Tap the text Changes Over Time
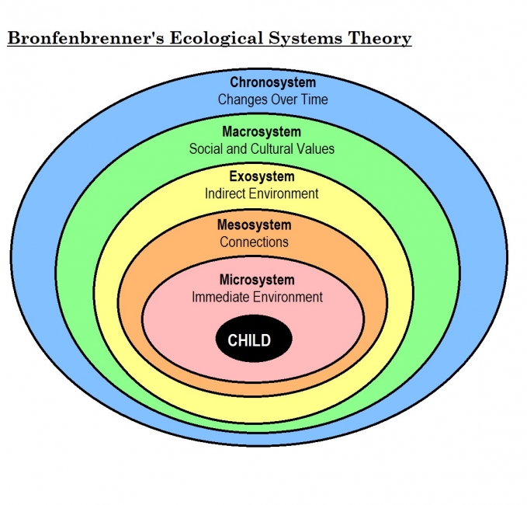coord(272,99)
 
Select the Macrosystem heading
coord(262,131)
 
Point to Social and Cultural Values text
coord(262,148)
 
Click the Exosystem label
coord(262,177)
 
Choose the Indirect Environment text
coord(262,193)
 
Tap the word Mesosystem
coord(254,225)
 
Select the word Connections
coord(254,242)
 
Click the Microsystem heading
coord(257,280)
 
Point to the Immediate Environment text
coord(257,297)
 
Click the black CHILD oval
coord(253,340)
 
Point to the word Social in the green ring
coord(206,148)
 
